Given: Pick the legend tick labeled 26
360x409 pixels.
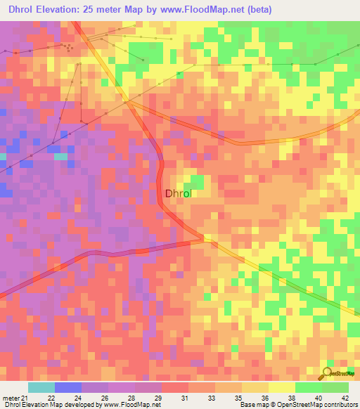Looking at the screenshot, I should coord(105,398).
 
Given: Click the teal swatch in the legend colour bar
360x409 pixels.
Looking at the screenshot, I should coord(41,387).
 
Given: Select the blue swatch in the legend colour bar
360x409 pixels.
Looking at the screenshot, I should coord(67,387).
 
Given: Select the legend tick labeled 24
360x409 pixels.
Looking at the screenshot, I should coord(79,398).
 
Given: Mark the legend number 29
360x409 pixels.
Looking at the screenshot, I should coord(159,398).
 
